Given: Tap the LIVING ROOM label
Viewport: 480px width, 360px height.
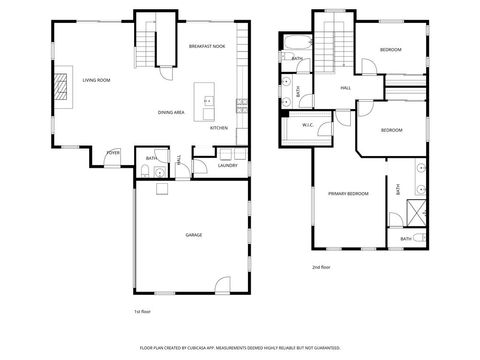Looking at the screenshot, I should click(x=96, y=80).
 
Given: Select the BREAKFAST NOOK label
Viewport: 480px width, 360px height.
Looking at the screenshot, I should click(x=207, y=47).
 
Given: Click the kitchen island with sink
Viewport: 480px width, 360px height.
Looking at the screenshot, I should click(x=208, y=102).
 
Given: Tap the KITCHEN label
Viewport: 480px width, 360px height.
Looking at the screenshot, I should click(x=218, y=128).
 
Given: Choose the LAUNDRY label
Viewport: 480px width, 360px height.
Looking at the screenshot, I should click(x=227, y=165).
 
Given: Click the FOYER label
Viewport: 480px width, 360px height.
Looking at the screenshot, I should click(x=114, y=153).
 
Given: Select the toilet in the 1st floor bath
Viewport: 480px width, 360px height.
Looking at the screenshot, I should click(x=146, y=173).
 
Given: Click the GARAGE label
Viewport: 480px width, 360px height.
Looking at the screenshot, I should click(x=193, y=235).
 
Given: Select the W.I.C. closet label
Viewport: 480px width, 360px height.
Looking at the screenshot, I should click(x=309, y=125).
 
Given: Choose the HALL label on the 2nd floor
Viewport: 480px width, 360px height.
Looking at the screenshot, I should click(x=346, y=88).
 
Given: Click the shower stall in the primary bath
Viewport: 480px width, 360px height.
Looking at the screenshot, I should click(x=413, y=213).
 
